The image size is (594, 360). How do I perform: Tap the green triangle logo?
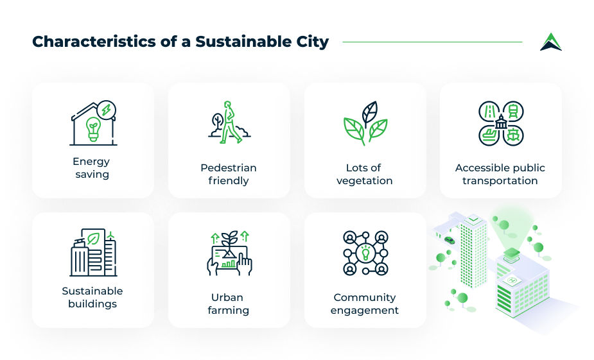(x=550, y=42)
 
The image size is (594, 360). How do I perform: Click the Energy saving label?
(x=92, y=167)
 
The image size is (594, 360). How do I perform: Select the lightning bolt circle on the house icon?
(x=107, y=109)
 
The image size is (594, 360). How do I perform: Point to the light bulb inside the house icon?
(x=94, y=128)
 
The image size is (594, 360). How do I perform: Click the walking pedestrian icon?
(x=229, y=122)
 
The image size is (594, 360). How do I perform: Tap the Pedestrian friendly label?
(x=229, y=174)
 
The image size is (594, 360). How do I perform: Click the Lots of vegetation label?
(x=365, y=174)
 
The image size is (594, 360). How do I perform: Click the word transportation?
(x=500, y=180)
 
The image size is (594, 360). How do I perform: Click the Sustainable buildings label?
(x=92, y=297)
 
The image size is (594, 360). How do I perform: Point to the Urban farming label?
(x=229, y=304)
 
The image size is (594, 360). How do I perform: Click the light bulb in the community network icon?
(x=365, y=252)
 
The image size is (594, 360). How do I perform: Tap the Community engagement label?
(x=365, y=304)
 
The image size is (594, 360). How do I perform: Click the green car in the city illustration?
(x=450, y=240)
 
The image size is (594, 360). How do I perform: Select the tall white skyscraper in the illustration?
(x=473, y=247)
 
